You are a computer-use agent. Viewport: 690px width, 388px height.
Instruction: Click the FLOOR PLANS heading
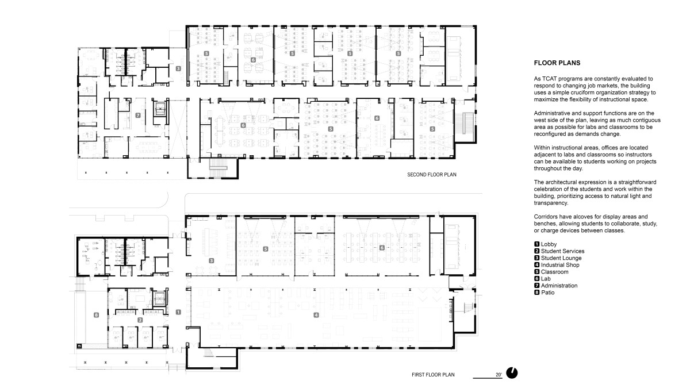557,63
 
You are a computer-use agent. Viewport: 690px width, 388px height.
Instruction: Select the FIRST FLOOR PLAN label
433,375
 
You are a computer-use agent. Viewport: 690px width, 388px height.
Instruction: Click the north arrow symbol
512,373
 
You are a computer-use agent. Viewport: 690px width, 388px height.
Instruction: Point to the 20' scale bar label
498,374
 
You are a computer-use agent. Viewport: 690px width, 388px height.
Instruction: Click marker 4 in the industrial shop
316,314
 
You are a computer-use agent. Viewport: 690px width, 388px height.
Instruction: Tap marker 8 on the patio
96,314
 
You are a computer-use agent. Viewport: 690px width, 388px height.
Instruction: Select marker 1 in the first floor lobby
178,312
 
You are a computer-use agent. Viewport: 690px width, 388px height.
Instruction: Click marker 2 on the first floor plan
140,320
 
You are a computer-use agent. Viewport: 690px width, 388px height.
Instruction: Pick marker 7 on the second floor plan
137,116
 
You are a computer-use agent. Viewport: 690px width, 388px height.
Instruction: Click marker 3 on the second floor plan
178,68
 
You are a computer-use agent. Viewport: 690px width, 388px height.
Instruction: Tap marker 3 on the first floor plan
211,260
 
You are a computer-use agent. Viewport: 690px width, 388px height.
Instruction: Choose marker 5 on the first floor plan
265,249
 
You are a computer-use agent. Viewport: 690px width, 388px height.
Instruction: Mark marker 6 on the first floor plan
381,248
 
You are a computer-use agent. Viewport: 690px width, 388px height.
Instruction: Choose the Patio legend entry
547,293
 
